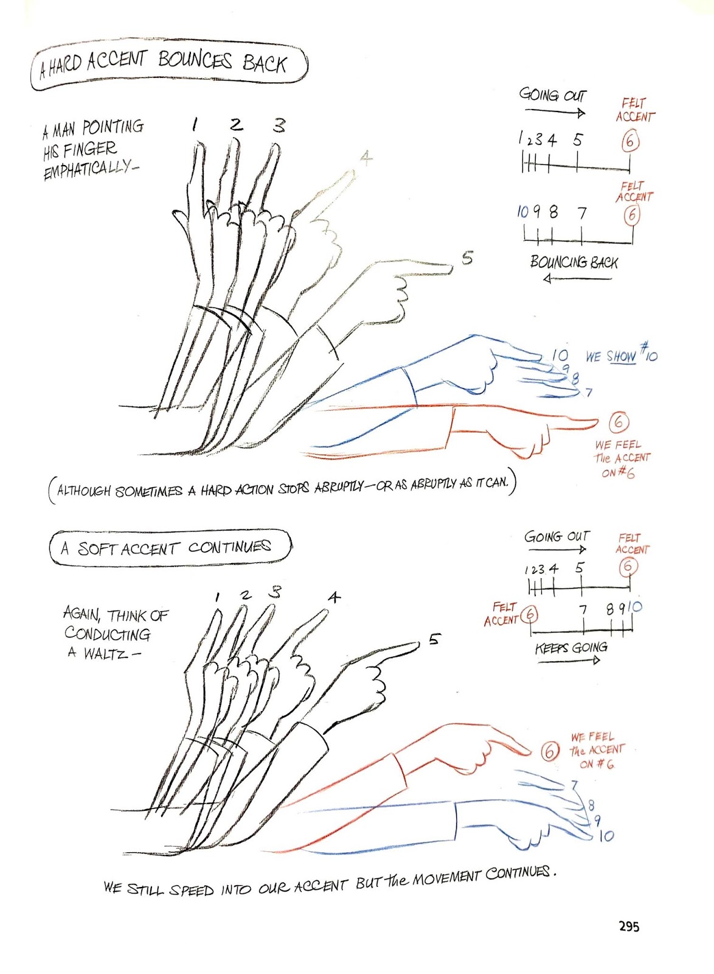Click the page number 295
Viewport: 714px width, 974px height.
pyautogui.click(x=629, y=926)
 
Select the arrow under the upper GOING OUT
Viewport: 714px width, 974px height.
pyautogui.click(x=554, y=112)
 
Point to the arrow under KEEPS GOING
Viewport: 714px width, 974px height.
pyautogui.click(x=569, y=660)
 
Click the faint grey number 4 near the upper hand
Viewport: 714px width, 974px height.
pyautogui.click(x=366, y=158)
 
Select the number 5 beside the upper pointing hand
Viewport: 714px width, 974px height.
pyautogui.click(x=466, y=258)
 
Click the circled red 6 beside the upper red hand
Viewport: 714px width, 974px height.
pyautogui.click(x=619, y=422)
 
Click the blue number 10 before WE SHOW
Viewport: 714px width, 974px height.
pyautogui.click(x=560, y=354)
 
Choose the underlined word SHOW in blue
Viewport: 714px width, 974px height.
pyautogui.click(x=621, y=356)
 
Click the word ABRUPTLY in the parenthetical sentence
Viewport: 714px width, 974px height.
pyautogui.click(x=339, y=488)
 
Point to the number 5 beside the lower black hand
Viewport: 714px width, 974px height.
pyautogui.click(x=434, y=639)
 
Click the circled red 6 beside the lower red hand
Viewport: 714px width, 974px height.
pyautogui.click(x=549, y=751)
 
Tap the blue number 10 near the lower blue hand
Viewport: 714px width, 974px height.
pyautogui.click(x=606, y=836)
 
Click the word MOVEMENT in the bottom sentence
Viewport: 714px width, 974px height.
pyautogui.click(x=447, y=877)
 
